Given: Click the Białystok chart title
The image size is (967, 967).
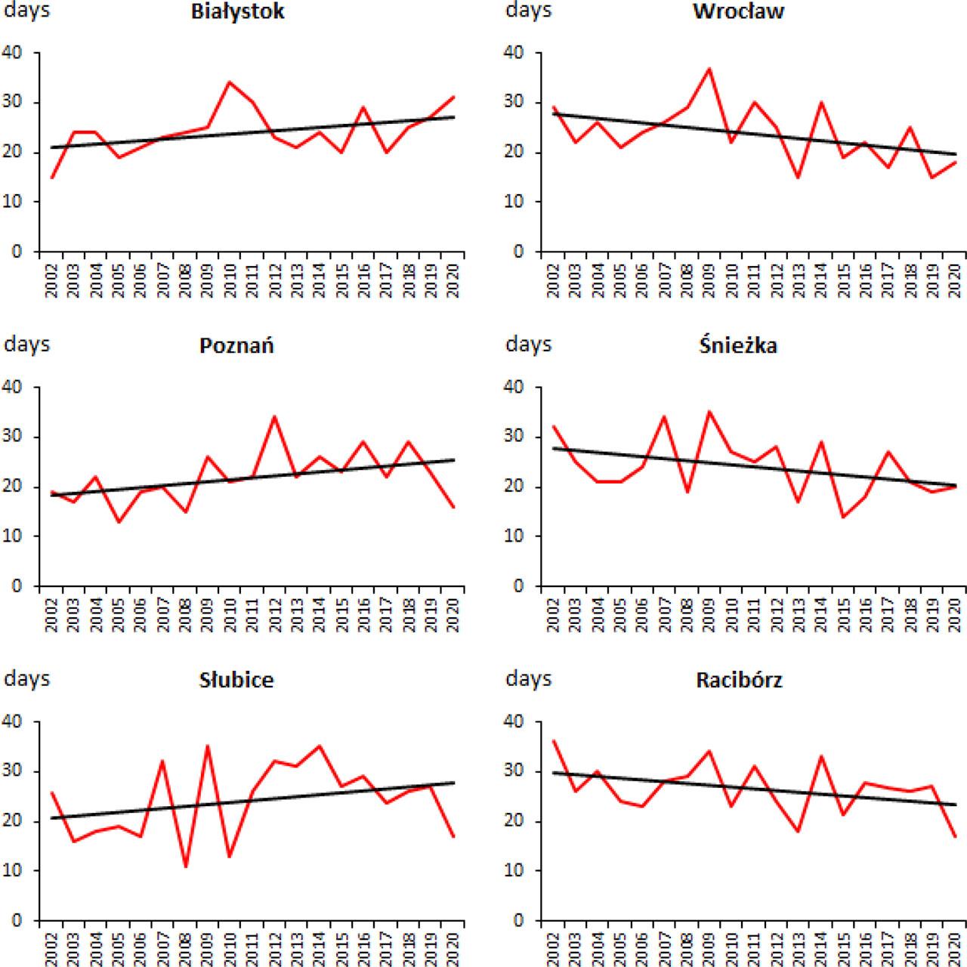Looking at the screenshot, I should [237, 12].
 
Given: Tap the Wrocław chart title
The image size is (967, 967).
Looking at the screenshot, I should [738, 12].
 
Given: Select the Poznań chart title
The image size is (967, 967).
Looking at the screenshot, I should [236, 346].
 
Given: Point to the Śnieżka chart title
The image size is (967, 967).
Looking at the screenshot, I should [737, 346].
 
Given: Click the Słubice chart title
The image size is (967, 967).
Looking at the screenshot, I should [236, 680].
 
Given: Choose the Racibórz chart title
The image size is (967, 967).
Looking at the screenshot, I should [738, 680].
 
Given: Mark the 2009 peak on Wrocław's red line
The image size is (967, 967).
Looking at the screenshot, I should [709, 69].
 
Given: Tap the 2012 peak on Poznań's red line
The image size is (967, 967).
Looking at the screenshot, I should [274, 416].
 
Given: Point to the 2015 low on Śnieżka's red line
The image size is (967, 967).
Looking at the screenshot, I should [843, 517].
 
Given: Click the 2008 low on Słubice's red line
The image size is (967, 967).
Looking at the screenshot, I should [186, 866].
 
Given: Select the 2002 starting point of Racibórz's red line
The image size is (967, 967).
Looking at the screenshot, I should [554, 741].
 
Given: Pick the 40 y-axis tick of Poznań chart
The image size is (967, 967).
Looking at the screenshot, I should [14, 388].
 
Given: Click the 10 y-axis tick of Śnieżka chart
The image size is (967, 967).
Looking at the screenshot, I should [514, 536].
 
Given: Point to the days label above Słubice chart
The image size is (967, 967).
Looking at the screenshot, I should [27, 678].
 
